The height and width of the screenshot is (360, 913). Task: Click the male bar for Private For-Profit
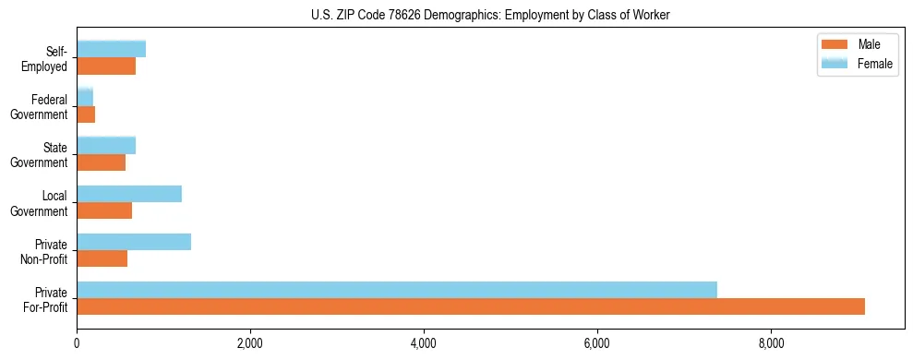[x=471, y=306]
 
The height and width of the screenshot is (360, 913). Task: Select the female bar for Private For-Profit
[x=397, y=290]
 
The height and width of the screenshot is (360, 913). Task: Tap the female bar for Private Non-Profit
[x=134, y=242]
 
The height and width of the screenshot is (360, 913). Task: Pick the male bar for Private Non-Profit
[x=102, y=258]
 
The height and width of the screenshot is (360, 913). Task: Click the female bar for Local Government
[x=129, y=194]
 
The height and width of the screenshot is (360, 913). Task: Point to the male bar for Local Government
[x=104, y=210]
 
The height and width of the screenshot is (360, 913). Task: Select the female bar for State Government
[x=106, y=145]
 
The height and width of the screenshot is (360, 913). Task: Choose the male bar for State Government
[x=101, y=162]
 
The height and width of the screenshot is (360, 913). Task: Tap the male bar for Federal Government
[x=86, y=114]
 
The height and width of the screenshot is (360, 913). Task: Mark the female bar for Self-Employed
[x=111, y=49]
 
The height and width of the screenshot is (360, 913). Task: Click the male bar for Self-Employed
[x=106, y=66]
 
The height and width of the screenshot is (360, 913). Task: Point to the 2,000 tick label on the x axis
[x=250, y=344]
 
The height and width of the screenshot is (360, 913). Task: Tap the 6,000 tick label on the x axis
[x=597, y=344]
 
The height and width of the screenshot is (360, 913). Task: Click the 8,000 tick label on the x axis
[x=771, y=344]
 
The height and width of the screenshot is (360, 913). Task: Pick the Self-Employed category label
[x=47, y=58]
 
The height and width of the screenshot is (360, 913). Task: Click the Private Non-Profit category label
[x=45, y=251]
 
